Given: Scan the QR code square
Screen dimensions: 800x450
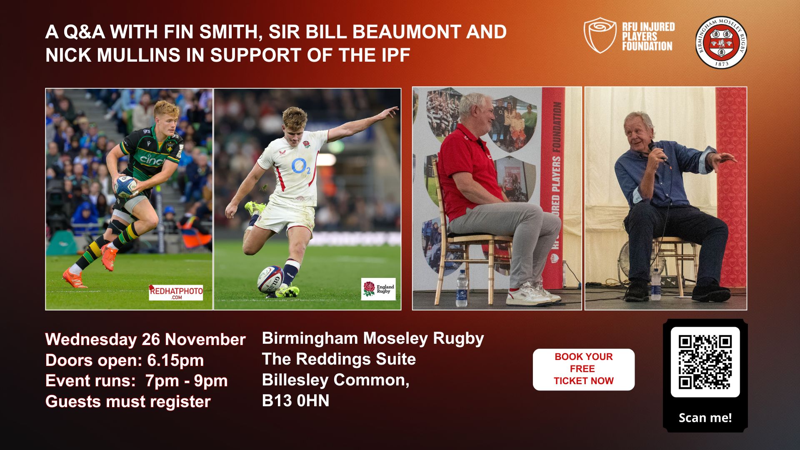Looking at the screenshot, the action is (x=705, y=362).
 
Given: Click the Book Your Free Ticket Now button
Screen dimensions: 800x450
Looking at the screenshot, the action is (x=583, y=369).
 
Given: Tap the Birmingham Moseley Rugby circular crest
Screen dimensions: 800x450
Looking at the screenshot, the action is (x=721, y=42).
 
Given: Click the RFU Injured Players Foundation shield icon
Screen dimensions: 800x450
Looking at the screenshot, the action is (x=600, y=35).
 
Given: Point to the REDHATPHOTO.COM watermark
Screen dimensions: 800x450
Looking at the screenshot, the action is (x=176, y=292).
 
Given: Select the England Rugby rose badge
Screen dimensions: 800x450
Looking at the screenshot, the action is (x=378, y=289).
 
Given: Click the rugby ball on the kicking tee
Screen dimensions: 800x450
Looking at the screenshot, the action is (x=270, y=279).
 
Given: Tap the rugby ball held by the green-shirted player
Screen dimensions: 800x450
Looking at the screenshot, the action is (x=126, y=186).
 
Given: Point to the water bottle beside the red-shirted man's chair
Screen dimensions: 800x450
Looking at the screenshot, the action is (x=462, y=288).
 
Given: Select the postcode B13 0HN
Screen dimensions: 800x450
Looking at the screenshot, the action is (x=295, y=400).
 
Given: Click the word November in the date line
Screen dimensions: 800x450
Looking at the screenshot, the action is (x=205, y=340).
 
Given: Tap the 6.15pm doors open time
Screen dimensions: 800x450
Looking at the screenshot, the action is (x=175, y=360).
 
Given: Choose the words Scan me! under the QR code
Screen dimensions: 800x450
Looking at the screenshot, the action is (x=705, y=418).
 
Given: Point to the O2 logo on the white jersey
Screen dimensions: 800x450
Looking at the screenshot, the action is (x=301, y=167).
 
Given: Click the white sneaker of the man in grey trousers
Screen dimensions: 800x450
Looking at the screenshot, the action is (x=528, y=295).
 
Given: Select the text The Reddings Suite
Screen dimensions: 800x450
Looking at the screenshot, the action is (x=339, y=359).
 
